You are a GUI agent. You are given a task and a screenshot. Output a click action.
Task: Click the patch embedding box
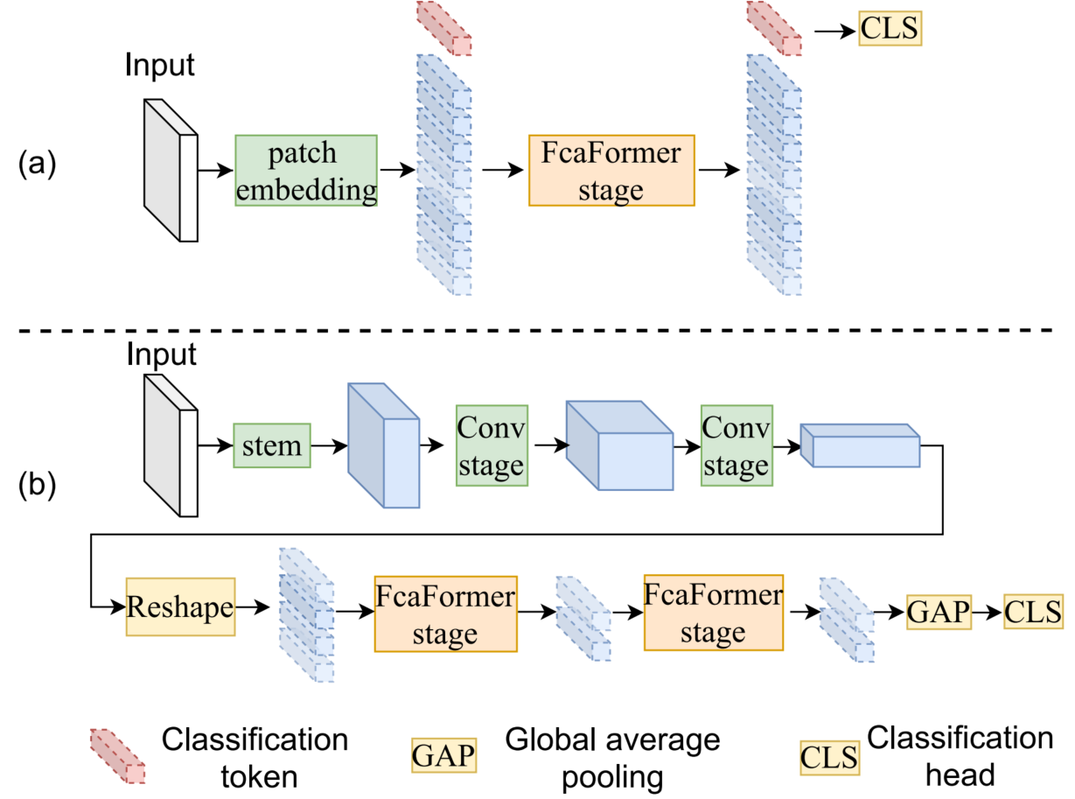[x=306, y=170]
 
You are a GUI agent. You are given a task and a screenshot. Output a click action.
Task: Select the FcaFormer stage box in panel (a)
[x=611, y=170]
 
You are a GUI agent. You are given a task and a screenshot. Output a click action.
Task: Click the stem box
[x=272, y=445]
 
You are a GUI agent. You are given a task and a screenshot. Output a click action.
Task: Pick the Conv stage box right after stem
[x=491, y=443]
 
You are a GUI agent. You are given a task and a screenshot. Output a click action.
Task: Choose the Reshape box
[x=180, y=606]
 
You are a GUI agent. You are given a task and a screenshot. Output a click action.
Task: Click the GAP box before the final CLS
[x=939, y=610]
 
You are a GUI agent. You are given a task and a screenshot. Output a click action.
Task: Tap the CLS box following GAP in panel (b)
[x=1033, y=610]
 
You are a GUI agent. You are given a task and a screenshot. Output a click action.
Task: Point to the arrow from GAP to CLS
[x=988, y=610]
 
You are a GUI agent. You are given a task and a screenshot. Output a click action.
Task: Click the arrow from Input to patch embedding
[x=216, y=171]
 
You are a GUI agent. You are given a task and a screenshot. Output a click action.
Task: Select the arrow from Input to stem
[x=215, y=445]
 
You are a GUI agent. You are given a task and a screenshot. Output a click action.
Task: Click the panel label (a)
[x=38, y=164]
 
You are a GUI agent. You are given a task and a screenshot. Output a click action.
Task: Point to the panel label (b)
[x=38, y=486]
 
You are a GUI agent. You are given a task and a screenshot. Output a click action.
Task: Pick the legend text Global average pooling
[x=612, y=758]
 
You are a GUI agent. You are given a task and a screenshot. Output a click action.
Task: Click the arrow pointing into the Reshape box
[x=108, y=606]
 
